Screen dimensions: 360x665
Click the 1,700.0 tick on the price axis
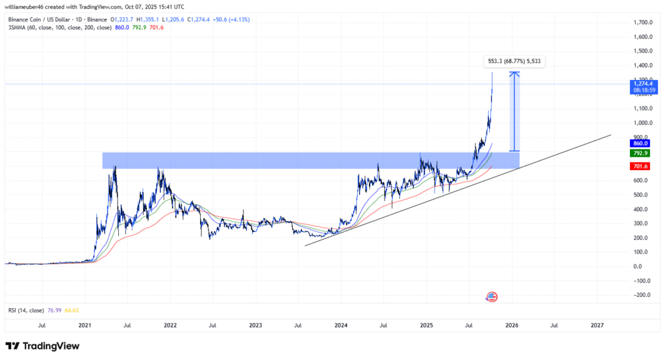click(x=642, y=22)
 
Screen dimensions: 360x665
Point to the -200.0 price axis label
click(x=640, y=295)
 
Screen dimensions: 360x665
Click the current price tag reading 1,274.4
click(x=642, y=83)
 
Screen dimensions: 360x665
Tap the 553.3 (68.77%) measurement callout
click(x=514, y=62)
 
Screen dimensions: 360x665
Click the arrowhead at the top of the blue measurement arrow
click(x=514, y=73)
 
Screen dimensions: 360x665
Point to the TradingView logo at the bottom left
click(x=42, y=346)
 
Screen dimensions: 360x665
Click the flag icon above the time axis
click(x=492, y=297)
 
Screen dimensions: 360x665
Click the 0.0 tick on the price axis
click(x=644, y=266)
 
